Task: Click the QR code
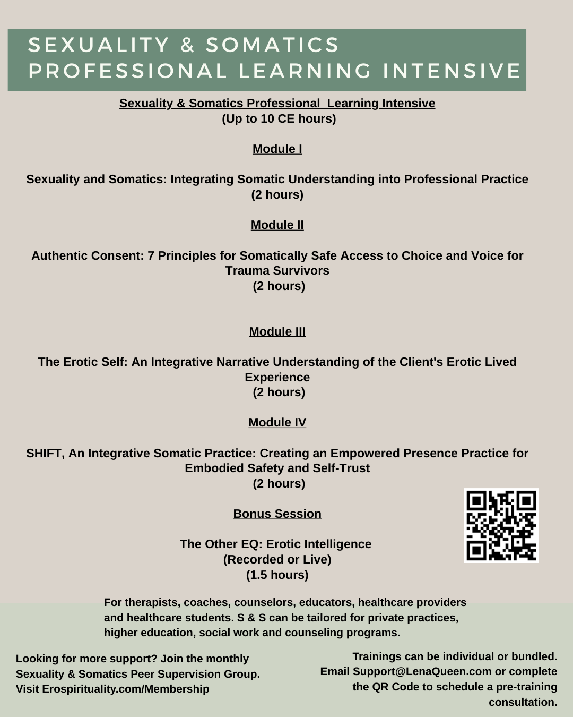click(501, 525)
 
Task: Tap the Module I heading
click(277, 149)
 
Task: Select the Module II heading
click(277, 225)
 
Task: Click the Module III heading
click(277, 332)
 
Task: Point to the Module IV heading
click(277, 423)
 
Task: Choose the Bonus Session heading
click(277, 514)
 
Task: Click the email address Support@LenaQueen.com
click(422, 672)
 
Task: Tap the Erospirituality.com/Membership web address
click(126, 689)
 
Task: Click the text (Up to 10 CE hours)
click(279, 119)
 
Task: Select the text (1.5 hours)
click(277, 575)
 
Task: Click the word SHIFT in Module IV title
click(44, 454)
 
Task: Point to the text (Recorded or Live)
click(277, 560)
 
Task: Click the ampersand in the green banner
click(187, 46)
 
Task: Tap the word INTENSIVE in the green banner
click(452, 71)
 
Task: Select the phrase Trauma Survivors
click(277, 271)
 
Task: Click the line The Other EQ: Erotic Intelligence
click(275, 544)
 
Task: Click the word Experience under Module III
click(277, 378)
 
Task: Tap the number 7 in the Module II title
click(151, 256)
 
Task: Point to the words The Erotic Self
click(82, 362)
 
